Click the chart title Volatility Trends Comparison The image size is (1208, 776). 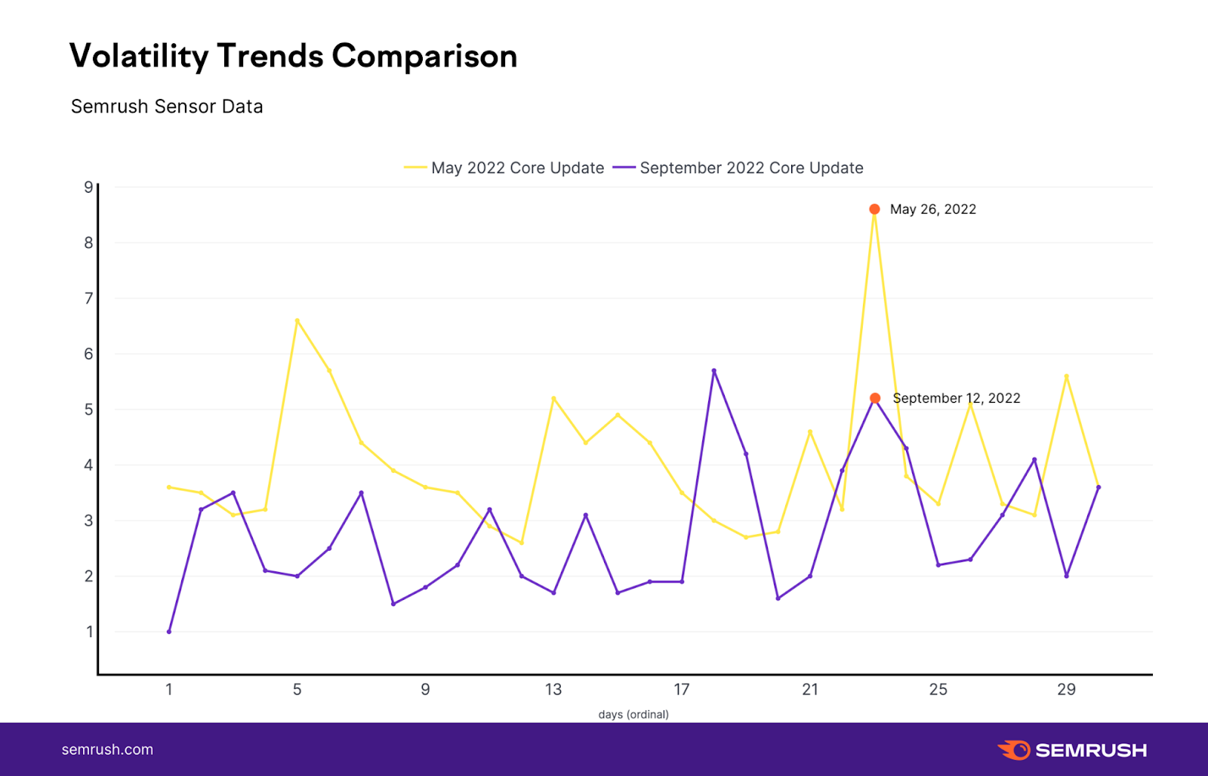click(293, 57)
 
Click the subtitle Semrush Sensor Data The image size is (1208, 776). click(167, 107)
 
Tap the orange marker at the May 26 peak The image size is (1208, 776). click(874, 209)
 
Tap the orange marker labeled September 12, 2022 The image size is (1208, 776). click(874, 398)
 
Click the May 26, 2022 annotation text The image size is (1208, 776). click(932, 209)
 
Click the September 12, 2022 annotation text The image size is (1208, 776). click(956, 398)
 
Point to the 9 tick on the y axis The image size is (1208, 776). click(89, 187)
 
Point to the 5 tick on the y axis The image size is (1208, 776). click(89, 410)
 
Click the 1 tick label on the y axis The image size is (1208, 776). click(89, 632)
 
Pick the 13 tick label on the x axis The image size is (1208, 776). click(553, 689)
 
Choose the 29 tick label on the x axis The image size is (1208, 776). click(1066, 689)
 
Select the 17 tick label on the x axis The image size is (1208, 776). click(682, 689)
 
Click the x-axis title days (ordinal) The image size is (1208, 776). click(633, 714)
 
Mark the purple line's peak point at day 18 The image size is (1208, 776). click(713, 370)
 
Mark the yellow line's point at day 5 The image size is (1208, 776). click(297, 320)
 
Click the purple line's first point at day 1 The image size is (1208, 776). click(169, 632)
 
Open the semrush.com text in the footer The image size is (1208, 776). click(107, 750)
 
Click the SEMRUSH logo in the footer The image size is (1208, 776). click(1072, 750)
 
